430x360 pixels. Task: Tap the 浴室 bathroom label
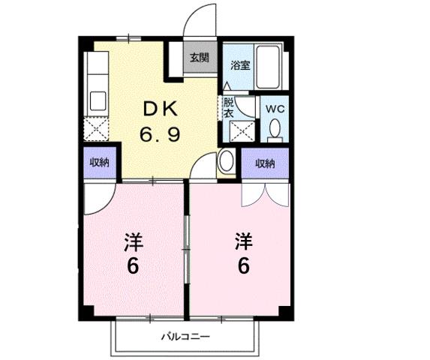(x=240, y=65)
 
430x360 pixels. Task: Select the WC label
(x=275, y=109)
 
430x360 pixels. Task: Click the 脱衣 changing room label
(x=228, y=108)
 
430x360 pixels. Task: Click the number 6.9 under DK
(x=159, y=136)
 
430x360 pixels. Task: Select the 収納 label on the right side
(x=264, y=163)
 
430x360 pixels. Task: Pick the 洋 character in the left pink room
(x=134, y=241)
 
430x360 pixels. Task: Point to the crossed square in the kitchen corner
(x=97, y=130)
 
